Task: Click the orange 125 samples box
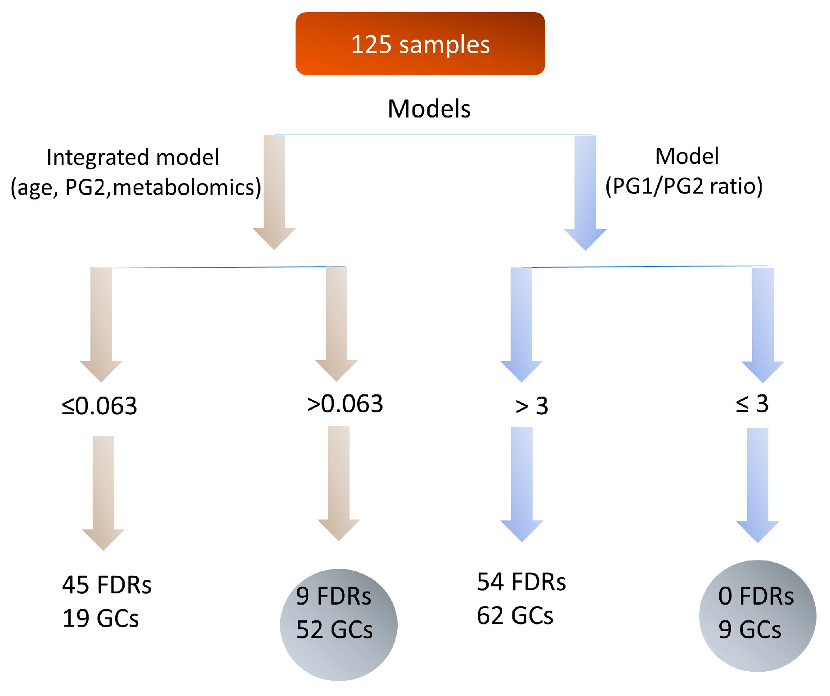click(x=420, y=44)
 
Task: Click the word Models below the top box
click(x=429, y=109)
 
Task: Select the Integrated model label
click(x=133, y=158)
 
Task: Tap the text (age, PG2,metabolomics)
click(x=135, y=187)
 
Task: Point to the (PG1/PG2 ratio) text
click(x=683, y=186)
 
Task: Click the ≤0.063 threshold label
click(x=99, y=406)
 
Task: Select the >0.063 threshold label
click(x=345, y=404)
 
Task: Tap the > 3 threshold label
click(x=531, y=406)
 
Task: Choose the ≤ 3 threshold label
click(x=752, y=404)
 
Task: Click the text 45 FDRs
click(x=107, y=585)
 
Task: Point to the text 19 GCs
click(x=100, y=618)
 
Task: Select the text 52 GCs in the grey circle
click(x=334, y=629)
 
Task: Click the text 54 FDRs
click(x=521, y=582)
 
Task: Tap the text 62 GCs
click(x=515, y=615)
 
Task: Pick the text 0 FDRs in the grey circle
click(x=756, y=596)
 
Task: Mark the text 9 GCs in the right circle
click(x=749, y=629)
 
